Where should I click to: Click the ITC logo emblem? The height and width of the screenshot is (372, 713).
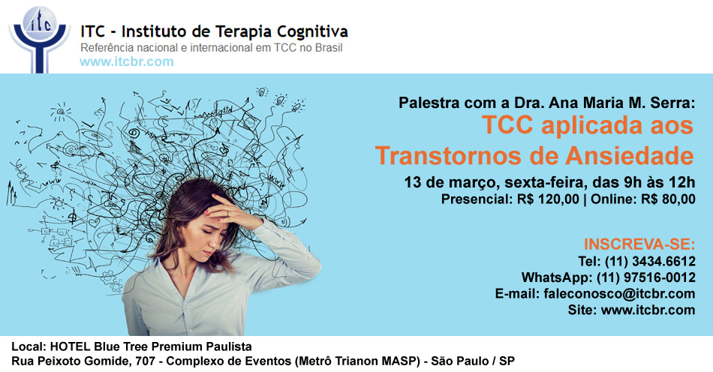[40, 39]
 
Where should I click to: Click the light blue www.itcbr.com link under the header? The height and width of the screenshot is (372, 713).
[127, 61]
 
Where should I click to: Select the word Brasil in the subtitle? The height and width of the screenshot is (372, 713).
[328, 48]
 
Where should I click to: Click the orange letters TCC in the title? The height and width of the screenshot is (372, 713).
[507, 125]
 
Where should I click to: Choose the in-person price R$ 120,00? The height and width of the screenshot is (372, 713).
[548, 199]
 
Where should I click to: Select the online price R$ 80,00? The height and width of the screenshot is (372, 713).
[669, 199]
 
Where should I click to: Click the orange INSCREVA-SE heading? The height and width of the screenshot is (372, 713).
[639, 244]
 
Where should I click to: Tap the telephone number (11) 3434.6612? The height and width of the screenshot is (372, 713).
[650, 262]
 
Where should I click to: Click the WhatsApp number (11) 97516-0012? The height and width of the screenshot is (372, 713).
[645, 277]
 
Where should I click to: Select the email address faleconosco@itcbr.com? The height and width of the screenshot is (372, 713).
[619, 294]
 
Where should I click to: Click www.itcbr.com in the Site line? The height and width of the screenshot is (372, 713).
[648, 310]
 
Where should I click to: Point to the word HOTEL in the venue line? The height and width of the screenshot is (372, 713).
[70, 347]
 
